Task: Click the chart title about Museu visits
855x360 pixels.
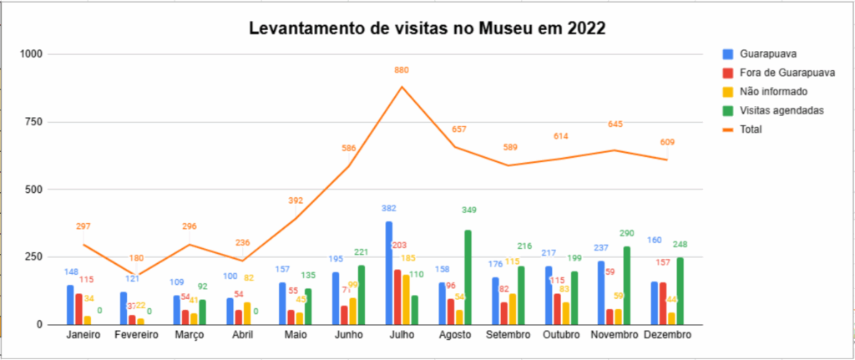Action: (427, 29)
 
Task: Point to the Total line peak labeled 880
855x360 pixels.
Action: (402, 87)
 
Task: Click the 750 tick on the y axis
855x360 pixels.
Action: (33, 122)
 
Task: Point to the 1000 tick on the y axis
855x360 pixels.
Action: (30, 54)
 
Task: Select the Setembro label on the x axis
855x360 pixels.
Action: (508, 336)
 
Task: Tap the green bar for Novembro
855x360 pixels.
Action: (625, 285)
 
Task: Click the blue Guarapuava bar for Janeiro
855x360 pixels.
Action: (71, 305)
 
